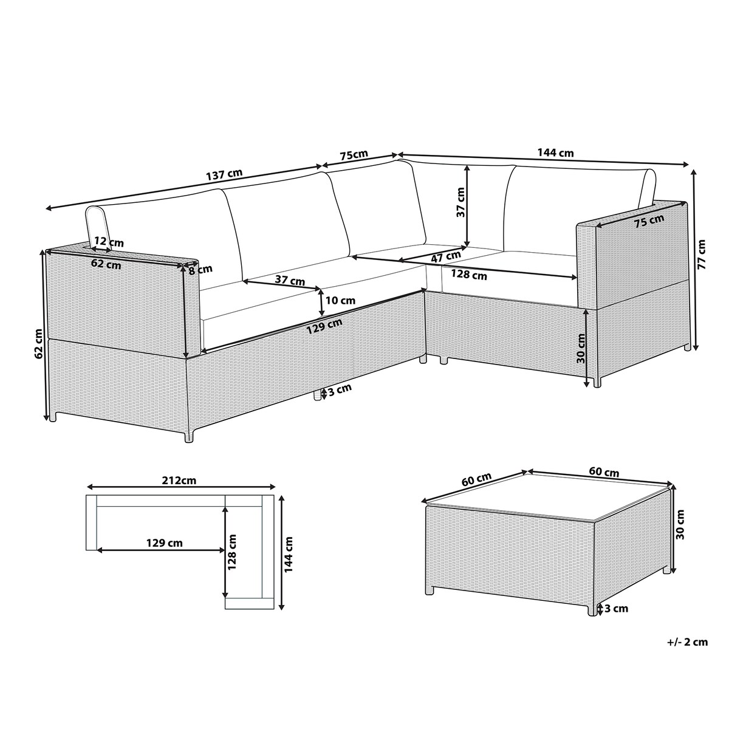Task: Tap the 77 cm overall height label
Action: point(702,253)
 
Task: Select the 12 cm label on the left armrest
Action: point(109,241)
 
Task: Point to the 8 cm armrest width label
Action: point(200,270)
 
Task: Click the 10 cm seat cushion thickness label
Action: point(340,300)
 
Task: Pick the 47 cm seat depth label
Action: point(446,256)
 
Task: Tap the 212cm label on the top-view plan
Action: point(179,481)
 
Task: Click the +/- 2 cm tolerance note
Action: point(687,642)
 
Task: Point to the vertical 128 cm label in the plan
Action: point(232,552)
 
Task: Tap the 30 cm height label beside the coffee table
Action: point(680,524)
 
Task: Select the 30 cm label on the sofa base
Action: point(581,349)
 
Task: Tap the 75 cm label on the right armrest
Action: point(649,221)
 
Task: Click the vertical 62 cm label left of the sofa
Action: point(39,343)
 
